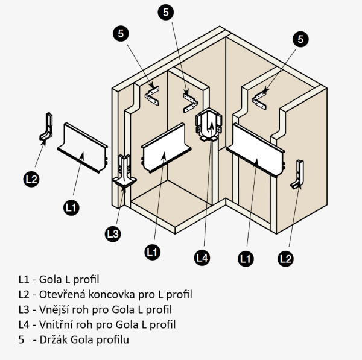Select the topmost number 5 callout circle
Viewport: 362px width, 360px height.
coord(167,11)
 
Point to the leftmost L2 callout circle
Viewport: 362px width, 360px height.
coord(31,178)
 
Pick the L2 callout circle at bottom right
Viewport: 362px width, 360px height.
coord(285,259)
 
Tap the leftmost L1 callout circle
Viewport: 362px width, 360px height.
coord(71,207)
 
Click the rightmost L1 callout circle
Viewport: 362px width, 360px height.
coord(245,259)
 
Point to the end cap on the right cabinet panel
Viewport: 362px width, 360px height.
coord(299,175)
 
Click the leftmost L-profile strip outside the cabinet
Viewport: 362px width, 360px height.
coord(83,147)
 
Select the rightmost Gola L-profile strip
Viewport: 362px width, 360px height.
coord(258,150)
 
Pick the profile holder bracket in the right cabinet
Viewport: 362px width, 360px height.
coord(259,94)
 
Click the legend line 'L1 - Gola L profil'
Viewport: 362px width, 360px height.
coord(59,279)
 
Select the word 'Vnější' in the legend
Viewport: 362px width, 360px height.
coord(55,309)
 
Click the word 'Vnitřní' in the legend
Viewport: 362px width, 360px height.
coord(56,324)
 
